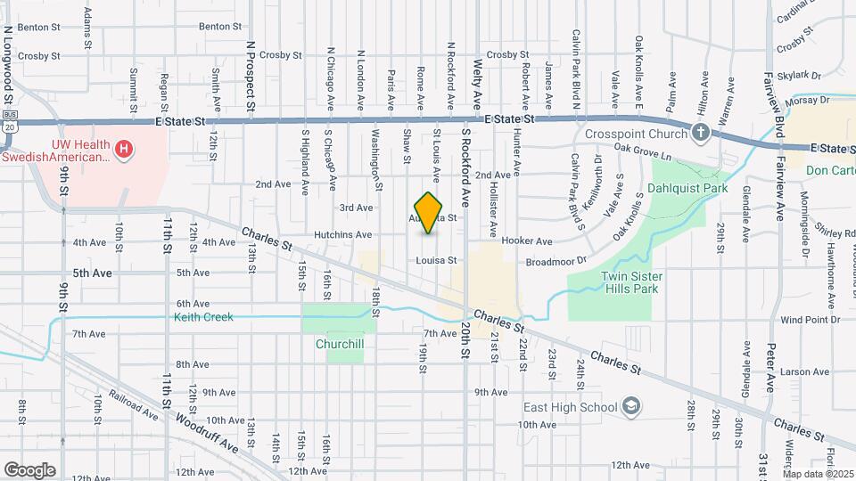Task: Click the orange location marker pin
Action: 429,213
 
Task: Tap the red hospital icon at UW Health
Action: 125,148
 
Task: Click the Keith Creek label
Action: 203,316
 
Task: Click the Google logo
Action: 29,469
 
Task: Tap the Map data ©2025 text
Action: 818,474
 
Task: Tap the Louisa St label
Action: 436,261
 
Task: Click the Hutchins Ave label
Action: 342,235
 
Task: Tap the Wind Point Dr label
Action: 810,319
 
